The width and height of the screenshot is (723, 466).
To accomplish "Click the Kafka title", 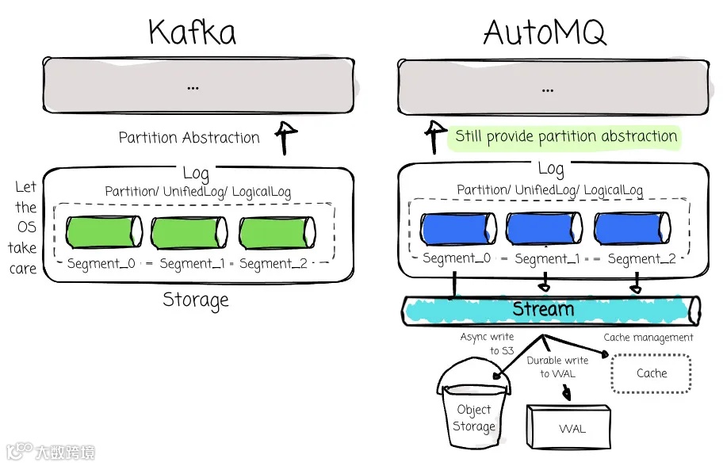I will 192,32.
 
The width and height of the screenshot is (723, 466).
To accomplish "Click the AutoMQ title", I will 545,32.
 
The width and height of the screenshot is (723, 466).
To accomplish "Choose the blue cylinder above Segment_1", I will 545,228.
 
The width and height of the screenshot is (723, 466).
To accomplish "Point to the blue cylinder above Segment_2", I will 633,228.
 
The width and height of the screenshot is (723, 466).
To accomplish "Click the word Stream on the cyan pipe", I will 543,308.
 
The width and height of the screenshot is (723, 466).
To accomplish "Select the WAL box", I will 572,429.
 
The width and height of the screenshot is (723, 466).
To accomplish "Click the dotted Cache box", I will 652,373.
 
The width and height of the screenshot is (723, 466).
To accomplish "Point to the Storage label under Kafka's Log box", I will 196,300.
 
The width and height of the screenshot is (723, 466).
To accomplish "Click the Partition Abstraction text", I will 189,138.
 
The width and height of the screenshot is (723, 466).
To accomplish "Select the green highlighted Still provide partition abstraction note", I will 566,136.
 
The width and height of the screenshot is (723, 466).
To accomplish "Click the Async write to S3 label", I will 487,343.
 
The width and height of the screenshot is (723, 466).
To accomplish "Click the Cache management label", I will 648,338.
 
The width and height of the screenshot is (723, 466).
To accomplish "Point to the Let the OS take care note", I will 24,227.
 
